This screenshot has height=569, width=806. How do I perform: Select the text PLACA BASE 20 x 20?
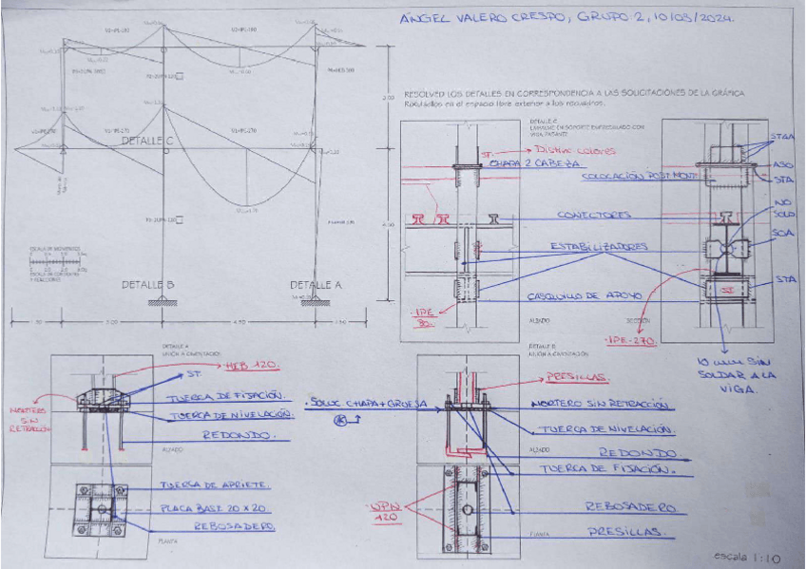(x=211, y=506)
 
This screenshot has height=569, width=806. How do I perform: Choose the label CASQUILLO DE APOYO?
(x=585, y=296)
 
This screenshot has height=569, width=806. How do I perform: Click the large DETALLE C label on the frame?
(x=147, y=141)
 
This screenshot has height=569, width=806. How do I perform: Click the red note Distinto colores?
(x=575, y=150)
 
